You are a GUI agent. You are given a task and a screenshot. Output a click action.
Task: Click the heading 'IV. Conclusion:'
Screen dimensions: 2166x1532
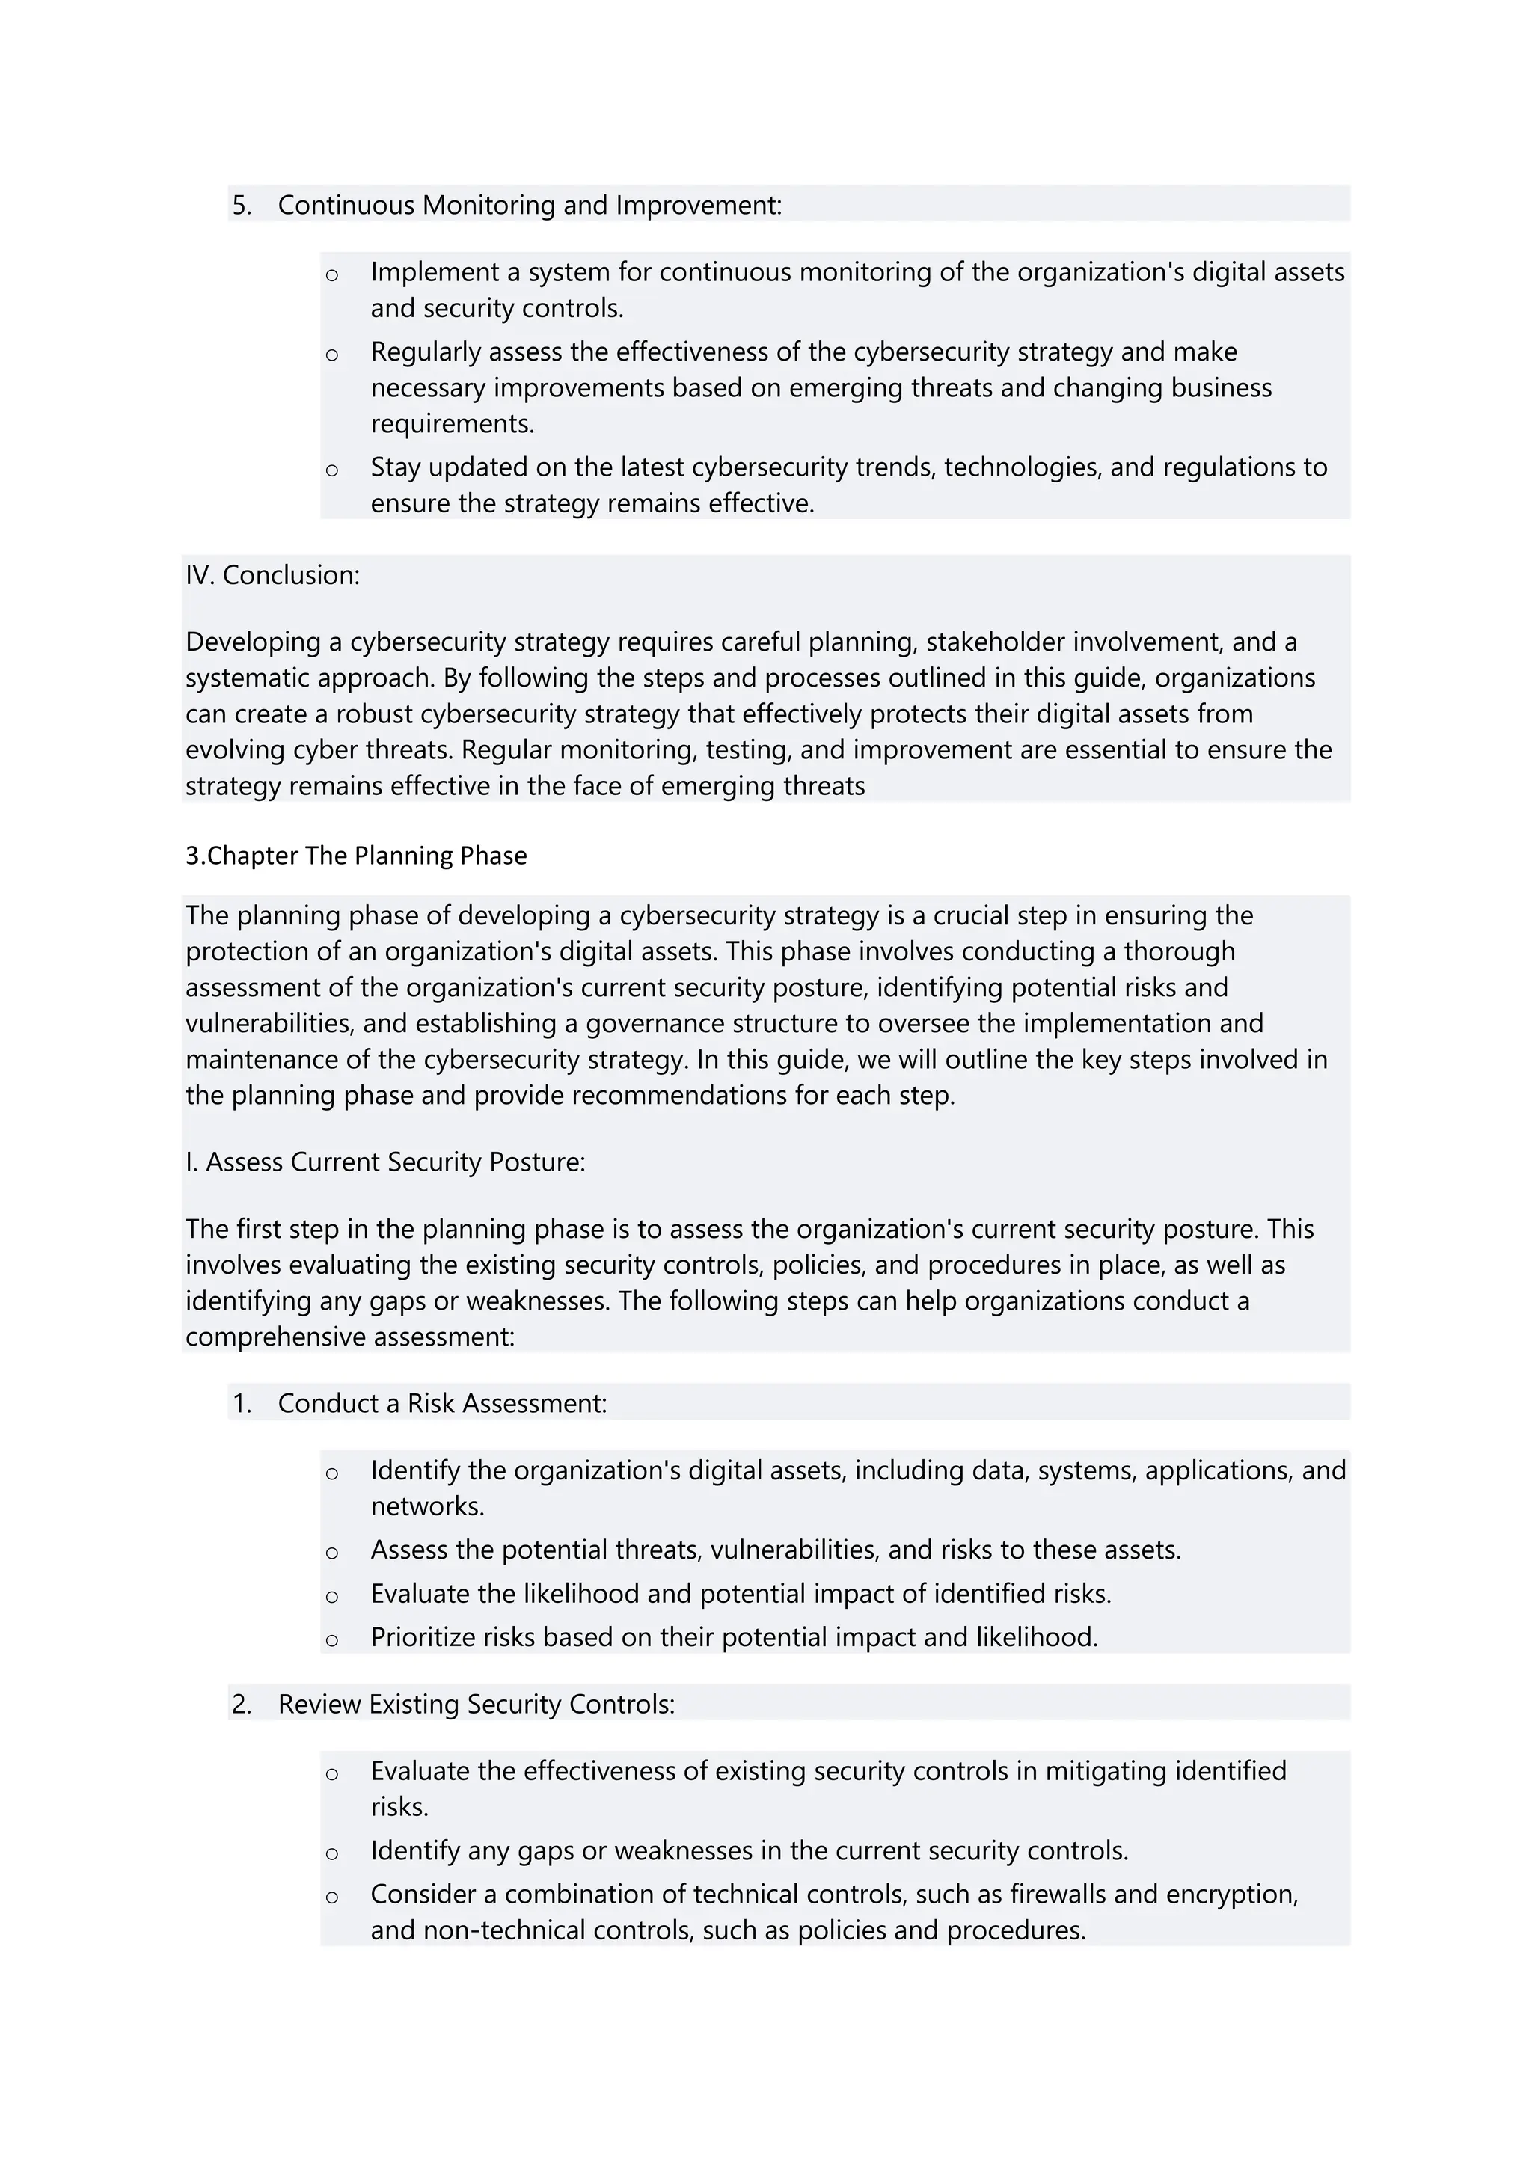pyautogui.click(x=272, y=575)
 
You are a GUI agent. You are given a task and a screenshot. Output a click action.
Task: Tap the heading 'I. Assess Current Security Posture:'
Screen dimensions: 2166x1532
pyautogui.click(x=385, y=1162)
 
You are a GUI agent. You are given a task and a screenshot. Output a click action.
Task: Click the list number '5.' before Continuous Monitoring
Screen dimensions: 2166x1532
pyautogui.click(x=242, y=206)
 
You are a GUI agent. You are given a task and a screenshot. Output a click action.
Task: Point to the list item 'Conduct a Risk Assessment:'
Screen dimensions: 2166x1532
pyautogui.click(x=441, y=1404)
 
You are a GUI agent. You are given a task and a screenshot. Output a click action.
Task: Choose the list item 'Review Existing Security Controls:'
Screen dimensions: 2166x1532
pyautogui.click(x=476, y=1705)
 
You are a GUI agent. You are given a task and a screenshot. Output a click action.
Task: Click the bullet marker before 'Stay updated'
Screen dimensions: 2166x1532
pyautogui.click(x=331, y=470)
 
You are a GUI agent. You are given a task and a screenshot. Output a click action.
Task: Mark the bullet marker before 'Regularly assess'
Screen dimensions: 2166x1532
pyautogui.click(x=331, y=355)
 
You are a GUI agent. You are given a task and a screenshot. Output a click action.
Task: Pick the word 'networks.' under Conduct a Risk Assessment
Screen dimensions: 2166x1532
pyautogui.click(x=427, y=1506)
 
